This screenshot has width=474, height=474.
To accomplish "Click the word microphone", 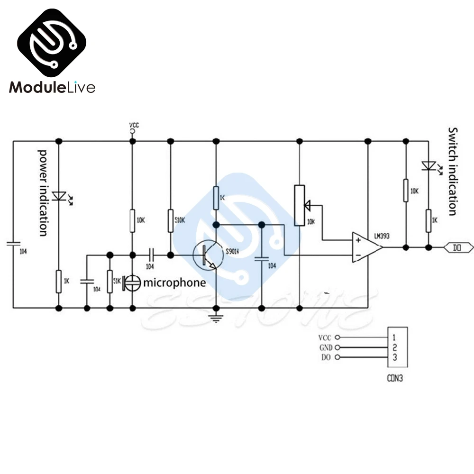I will click(174, 283).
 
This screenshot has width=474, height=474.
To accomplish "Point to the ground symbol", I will click(216, 318).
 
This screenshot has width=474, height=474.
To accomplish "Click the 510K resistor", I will click(171, 221).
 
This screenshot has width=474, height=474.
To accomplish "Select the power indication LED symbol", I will click(59, 196).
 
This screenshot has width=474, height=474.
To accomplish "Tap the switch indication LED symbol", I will click(428, 166).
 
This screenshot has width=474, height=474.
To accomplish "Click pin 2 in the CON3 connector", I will click(394, 347).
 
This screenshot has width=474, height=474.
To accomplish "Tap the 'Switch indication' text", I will click(453, 171).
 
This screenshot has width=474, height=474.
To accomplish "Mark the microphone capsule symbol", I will click(133, 283).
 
